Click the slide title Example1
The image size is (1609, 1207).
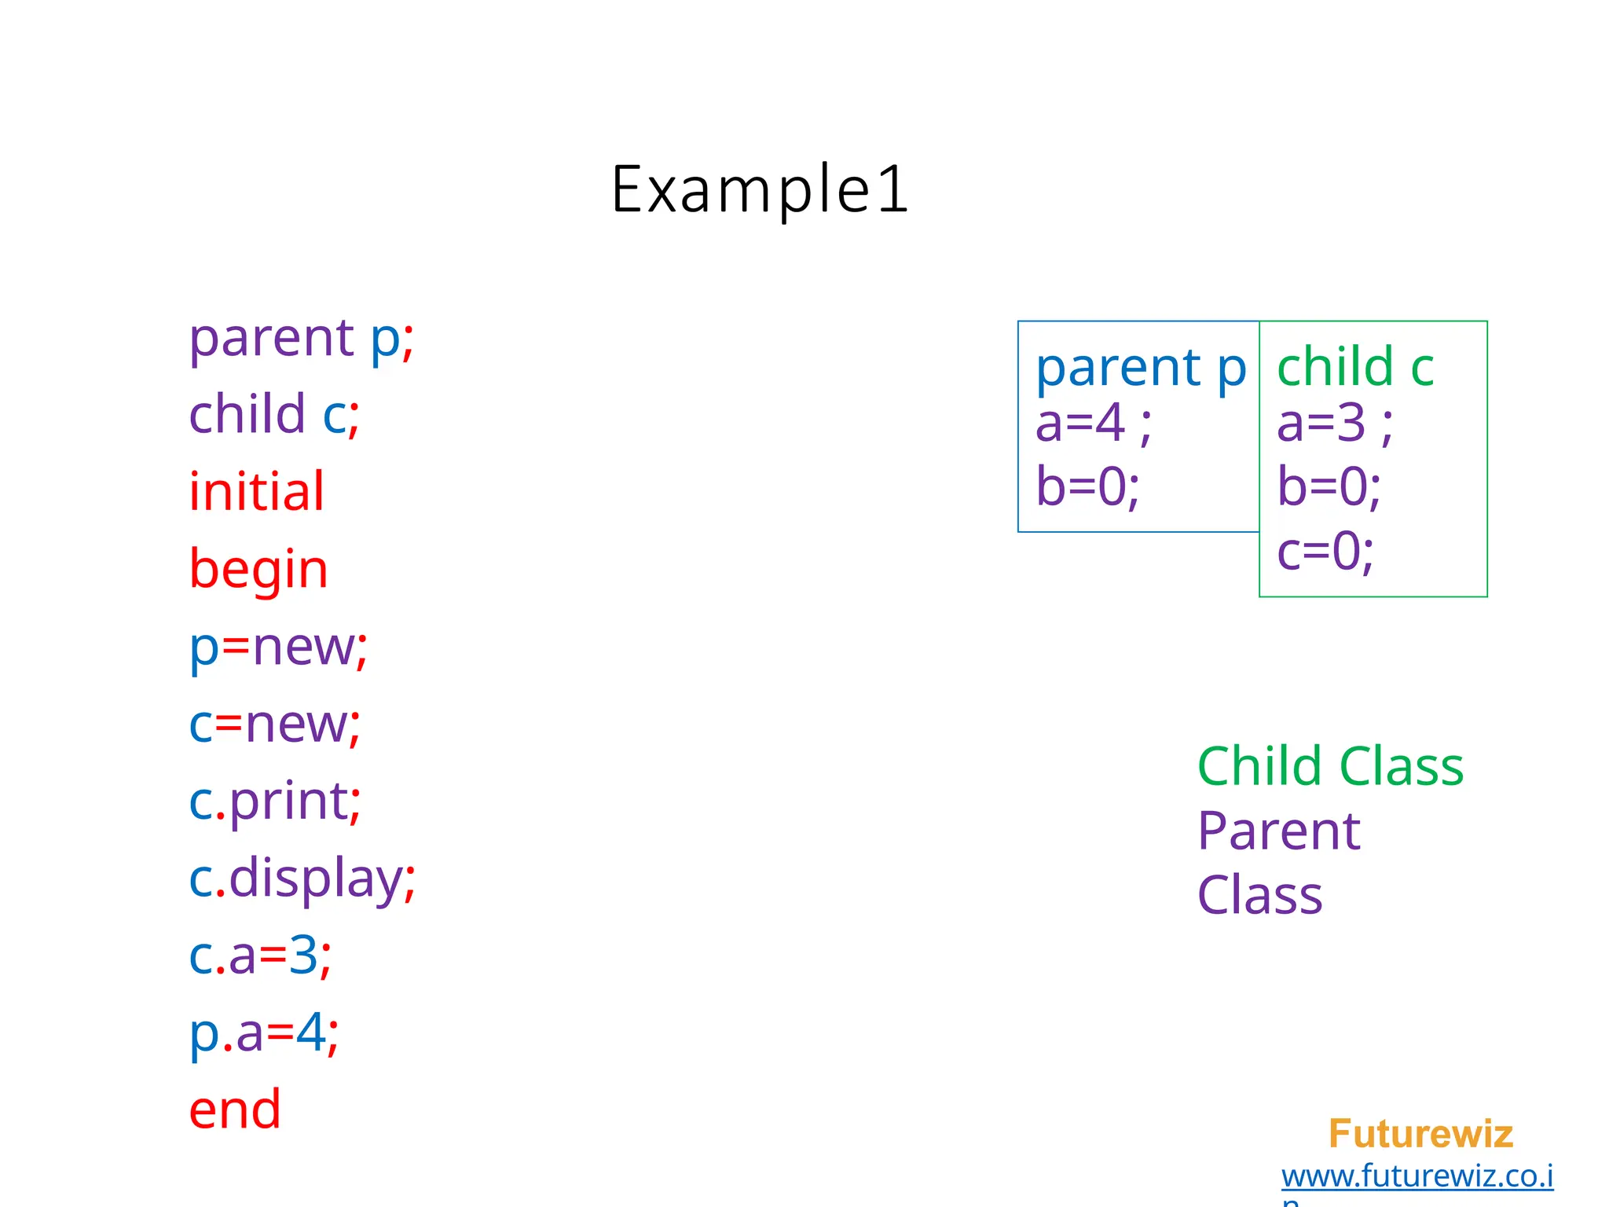[760, 189]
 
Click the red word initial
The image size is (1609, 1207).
[256, 491]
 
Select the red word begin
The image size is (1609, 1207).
[258, 569]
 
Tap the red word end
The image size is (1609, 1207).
[234, 1110]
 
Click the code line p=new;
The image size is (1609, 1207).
[278, 647]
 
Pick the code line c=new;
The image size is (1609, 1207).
[274, 724]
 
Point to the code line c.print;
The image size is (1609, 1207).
[275, 801]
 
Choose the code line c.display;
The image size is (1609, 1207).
[302, 879]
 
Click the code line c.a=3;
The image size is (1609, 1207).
[260, 956]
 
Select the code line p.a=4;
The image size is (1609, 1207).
[264, 1033]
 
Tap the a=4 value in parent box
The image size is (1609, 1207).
[1093, 423]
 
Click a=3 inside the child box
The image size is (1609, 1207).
[1334, 423]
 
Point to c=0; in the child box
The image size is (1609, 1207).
[1325, 551]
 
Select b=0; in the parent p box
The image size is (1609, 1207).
[1087, 486]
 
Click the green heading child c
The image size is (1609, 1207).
[1355, 366]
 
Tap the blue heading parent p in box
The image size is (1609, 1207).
[1141, 366]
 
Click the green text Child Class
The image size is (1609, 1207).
[1330, 766]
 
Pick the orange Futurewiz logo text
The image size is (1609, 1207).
[1420, 1134]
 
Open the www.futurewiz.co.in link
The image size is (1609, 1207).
[1417, 1176]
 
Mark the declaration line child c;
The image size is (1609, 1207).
[274, 414]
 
